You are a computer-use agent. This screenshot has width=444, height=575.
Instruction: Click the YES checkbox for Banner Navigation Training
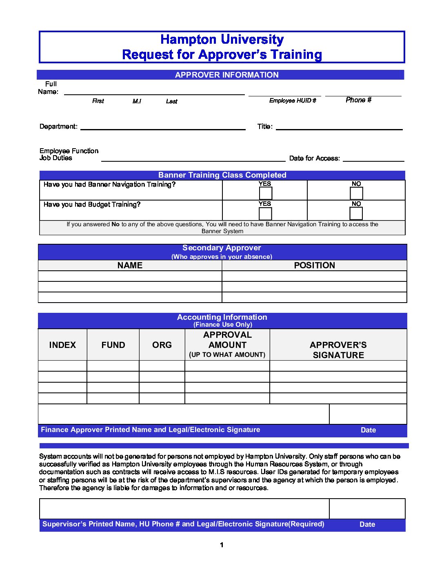(x=265, y=193)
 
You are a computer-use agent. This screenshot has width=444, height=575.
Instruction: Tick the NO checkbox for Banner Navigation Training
(x=356, y=193)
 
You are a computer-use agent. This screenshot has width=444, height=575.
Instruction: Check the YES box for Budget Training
(x=265, y=214)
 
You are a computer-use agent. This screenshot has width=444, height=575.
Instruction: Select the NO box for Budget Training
(x=356, y=214)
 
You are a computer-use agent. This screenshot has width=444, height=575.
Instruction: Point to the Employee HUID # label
(x=293, y=100)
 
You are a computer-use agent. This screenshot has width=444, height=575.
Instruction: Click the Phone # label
(x=358, y=100)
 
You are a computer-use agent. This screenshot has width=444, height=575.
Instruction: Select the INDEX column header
(x=62, y=345)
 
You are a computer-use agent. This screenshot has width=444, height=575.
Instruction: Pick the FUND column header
(x=113, y=345)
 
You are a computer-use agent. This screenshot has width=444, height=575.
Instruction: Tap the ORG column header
(x=162, y=345)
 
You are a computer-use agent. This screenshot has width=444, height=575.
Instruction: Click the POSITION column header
(x=314, y=265)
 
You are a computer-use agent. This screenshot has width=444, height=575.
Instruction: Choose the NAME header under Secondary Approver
(x=130, y=265)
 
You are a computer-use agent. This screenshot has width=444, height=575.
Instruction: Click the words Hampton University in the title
(x=222, y=40)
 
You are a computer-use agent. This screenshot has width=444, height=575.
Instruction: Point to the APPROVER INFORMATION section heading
(x=226, y=75)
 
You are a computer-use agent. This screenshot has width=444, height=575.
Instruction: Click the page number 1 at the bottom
(x=222, y=545)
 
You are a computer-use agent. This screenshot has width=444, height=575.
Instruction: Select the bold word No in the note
(x=115, y=224)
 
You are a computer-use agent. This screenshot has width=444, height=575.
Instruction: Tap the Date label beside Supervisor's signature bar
(x=367, y=524)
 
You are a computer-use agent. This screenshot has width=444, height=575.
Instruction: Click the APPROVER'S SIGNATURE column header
(x=338, y=350)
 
